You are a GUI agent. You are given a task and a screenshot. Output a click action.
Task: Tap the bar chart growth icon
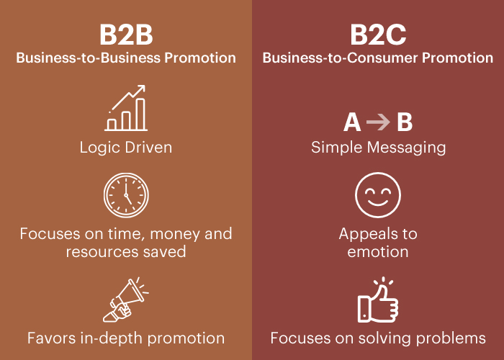coord(127,109)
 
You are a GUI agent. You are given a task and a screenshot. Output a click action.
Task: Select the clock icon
coord(126,194)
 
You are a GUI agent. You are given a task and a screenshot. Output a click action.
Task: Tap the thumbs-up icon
coord(378,301)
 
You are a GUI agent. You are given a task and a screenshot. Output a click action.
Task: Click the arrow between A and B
coord(378,122)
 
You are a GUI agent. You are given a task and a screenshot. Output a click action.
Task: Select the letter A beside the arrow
coord(352,122)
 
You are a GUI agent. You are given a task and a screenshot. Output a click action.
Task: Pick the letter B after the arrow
coord(404,122)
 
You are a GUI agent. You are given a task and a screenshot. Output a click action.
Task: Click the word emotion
coord(378,252)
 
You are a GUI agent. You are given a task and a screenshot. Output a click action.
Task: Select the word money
coord(169,234)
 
